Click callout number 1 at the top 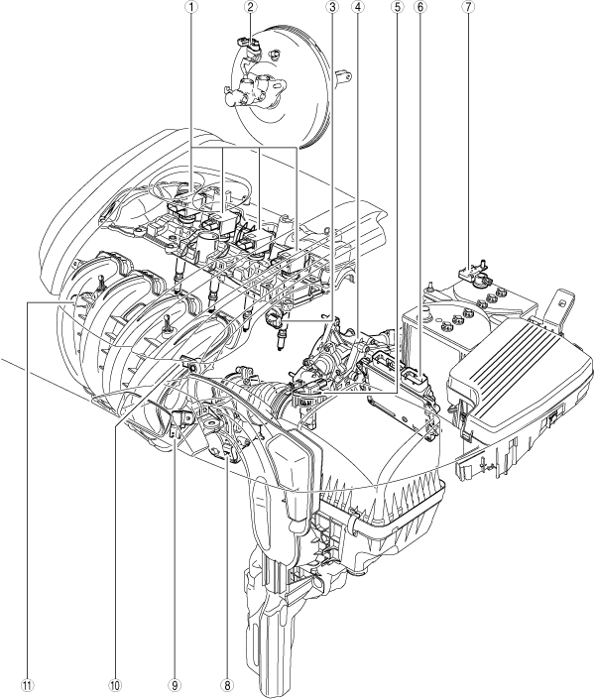pyautogui.click(x=191, y=6)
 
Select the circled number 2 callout pyautogui.click(x=250, y=6)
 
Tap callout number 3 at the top pyautogui.click(x=331, y=6)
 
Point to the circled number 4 pyautogui.click(x=357, y=6)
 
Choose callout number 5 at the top pyautogui.click(x=396, y=6)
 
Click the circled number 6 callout pyautogui.click(x=419, y=6)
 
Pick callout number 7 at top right pyautogui.click(x=469, y=6)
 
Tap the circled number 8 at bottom pyautogui.click(x=227, y=685)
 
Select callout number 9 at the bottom pyautogui.click(x=174, y=685)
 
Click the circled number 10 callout pyautogui.click(x=115, y=685)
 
